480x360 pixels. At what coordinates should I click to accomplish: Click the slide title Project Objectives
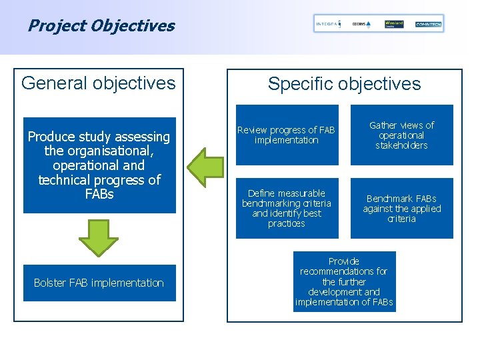click(101, 26)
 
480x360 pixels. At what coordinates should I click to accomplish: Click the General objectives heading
click(99, 83)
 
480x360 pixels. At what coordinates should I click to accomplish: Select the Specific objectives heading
click(344, 84)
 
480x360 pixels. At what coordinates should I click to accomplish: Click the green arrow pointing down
click(99, 237)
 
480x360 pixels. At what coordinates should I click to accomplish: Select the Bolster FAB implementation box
click(99, 283)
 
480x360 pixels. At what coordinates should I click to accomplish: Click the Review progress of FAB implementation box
click(287, 135)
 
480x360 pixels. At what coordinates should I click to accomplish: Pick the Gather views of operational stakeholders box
click(401, 135)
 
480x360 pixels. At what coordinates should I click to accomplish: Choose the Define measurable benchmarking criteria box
click(287, 208)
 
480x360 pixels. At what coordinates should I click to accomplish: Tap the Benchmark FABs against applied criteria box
click(401, 208)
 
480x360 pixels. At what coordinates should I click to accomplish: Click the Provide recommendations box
click(344, 281)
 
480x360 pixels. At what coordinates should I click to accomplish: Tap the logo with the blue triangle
click(361, 24)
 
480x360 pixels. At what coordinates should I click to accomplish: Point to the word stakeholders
click(401, 145)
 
